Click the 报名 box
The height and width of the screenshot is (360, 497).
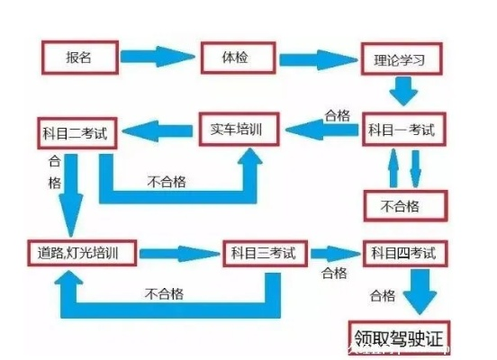[79, 58]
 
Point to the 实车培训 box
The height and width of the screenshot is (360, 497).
[239, 129]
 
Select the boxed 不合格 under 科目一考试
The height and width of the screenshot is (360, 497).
[402, 205]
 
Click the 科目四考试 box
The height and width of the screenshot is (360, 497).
[403, 253]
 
